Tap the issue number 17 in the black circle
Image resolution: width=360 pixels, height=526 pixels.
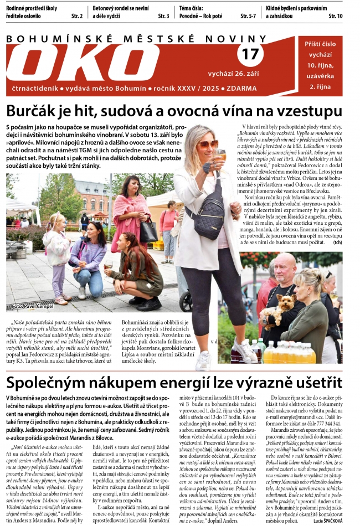250,54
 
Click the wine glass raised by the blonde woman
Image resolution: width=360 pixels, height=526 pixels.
220,156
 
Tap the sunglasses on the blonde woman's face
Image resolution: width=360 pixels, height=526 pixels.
208,145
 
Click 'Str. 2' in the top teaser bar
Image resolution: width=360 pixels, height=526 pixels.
77,17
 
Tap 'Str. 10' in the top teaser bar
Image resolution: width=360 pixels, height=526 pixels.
335,17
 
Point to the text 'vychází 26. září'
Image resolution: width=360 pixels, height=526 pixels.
233,74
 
